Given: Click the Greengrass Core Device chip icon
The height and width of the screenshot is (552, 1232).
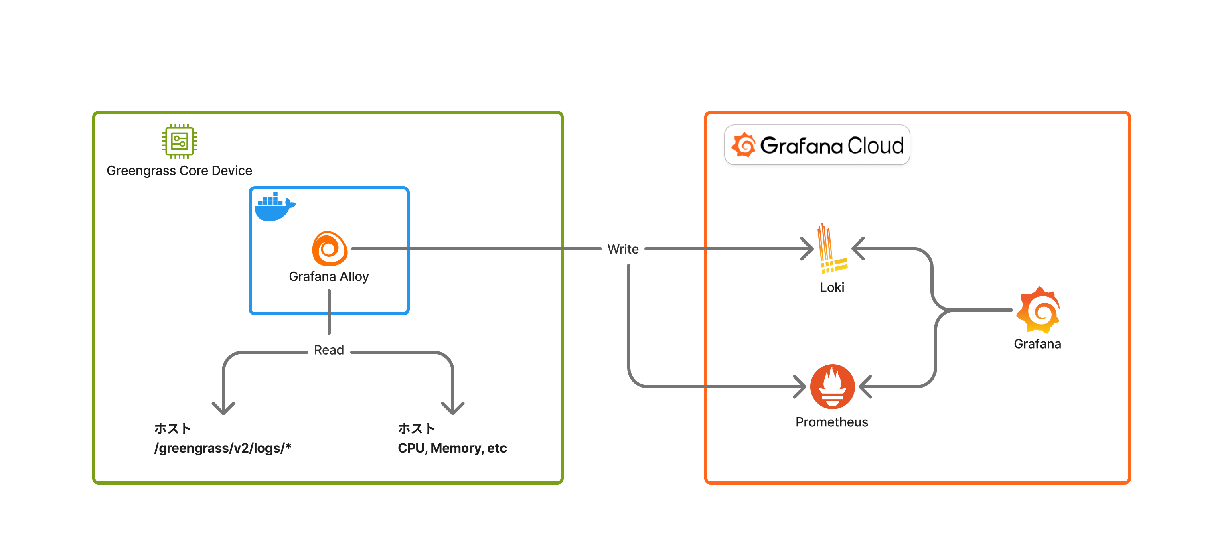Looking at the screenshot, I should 179,141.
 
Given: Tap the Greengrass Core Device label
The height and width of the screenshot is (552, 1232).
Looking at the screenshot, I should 179,171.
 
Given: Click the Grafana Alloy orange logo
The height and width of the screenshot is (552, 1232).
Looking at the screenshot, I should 330,249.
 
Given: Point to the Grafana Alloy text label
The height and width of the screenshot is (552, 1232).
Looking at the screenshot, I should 328,276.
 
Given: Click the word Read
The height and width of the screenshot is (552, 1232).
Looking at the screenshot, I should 329,350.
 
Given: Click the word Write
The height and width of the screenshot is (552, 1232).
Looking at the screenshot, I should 623,249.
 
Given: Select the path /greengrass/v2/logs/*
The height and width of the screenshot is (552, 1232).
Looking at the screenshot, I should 223,448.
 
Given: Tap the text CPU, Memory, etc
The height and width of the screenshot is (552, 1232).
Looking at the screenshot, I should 452,448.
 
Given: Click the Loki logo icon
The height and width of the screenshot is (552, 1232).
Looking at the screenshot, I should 832,249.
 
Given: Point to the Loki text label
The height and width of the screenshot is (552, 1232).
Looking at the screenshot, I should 832,288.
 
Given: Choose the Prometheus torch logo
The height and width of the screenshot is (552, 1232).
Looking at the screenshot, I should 832,386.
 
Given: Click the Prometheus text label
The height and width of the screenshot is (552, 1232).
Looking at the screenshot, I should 832,422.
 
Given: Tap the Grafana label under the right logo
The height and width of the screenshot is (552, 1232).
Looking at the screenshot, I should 1037,344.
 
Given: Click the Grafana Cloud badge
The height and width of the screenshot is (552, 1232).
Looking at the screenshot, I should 817,145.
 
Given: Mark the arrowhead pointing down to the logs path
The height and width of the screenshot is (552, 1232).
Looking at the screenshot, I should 223,408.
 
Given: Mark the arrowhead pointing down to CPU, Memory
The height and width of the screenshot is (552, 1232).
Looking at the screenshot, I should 452,408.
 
